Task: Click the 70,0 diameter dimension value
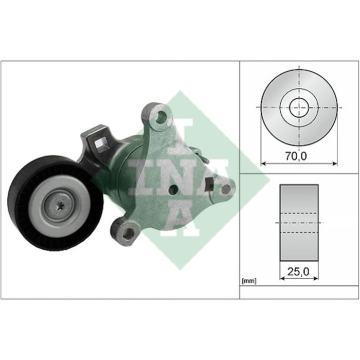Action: (296, 156)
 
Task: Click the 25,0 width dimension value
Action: (298, 272)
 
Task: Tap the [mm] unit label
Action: (249, 281)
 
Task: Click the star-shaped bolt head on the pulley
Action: (60, 205)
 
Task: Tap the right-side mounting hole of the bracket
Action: (226, 189)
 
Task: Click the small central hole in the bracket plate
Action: (173, 189)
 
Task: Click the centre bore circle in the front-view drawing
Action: (299, 107)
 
